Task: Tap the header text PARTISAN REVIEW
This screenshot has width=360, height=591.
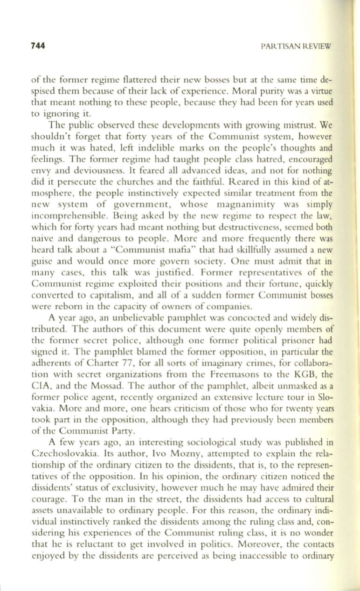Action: [297, 46]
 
